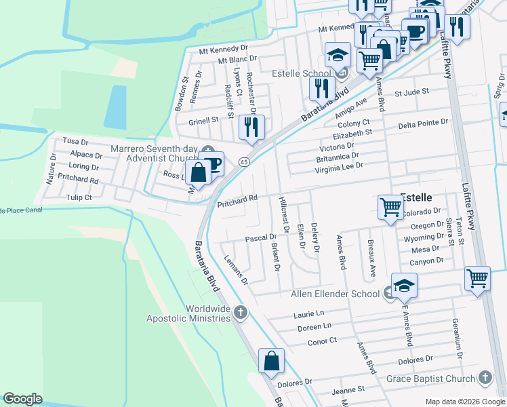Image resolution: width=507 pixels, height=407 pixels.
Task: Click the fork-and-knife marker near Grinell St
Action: point(251,127)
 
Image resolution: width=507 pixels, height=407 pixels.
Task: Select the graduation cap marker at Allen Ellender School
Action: point(404,286)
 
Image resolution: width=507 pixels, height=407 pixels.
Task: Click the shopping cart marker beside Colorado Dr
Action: point(390,206)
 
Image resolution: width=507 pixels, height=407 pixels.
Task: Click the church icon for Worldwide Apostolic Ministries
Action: point(240,313)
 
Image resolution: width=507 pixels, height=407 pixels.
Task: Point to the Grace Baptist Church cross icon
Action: point(485,377)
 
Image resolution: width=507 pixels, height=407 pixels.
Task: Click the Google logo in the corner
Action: point(23,399)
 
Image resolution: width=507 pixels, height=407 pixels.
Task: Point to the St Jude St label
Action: point(412,92)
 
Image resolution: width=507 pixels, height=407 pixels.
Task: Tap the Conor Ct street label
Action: point(323,341)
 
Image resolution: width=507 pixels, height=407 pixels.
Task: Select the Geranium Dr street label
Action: point(458,338)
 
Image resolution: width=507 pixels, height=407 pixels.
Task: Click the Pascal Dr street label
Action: point(261,238)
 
